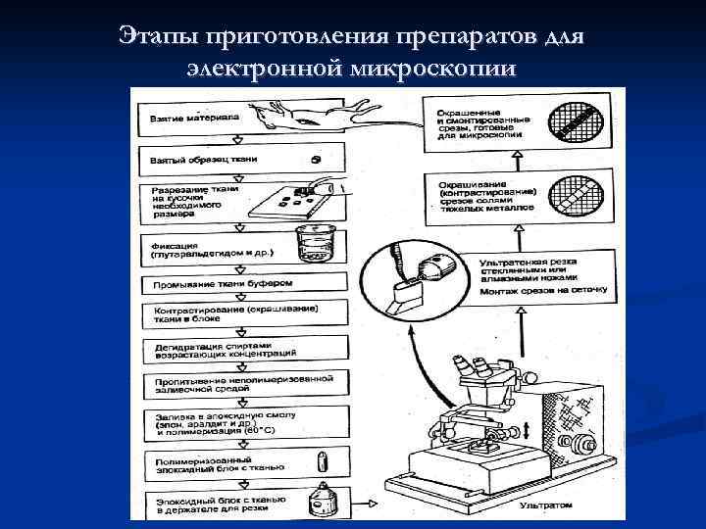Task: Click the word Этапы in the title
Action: [x=158, y=36]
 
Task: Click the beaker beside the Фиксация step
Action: [x=313, y=245]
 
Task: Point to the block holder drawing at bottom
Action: [x=318, y=502]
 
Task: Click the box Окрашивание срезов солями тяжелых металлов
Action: [x=480, y=195]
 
